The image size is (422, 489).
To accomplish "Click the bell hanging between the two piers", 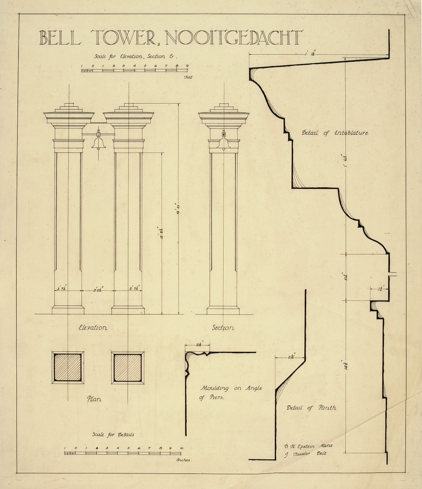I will pyautogui.click(x=98, y=142).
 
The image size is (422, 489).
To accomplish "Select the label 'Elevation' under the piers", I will pyautogui.click(x=93, y=328).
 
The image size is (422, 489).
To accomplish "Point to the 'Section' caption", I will pyautogui.click(x=223, y=328).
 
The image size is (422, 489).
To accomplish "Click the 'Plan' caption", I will pyautogui.click(x=94, y=399).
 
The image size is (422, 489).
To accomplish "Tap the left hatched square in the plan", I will pyautogui.click(x=68, y=368).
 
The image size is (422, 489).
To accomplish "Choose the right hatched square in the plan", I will pyautogui.click(x=127, y=368).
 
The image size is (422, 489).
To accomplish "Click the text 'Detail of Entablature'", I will pyautogui.click(x=335, y=133).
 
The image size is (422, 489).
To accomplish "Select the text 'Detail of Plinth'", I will pyautogui.click(x=311, y=408).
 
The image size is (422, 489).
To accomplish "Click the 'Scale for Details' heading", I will pyautogui.click(x=113, y=435).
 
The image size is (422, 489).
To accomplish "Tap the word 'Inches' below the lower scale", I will pyautogui.click(x=184, y=460).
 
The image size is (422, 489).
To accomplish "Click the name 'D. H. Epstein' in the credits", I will pyautogui.click(x=299, y=446).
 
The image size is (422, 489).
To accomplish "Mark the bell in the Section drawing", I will pyautogui.click(x=223, y=141).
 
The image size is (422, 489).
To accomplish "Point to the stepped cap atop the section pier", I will pyautogui.click(x=223, y=108).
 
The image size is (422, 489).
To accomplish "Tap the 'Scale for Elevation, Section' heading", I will pyautogui.click(x=136, y=56).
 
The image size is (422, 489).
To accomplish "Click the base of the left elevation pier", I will pyautogui.click(x=68, y=310).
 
